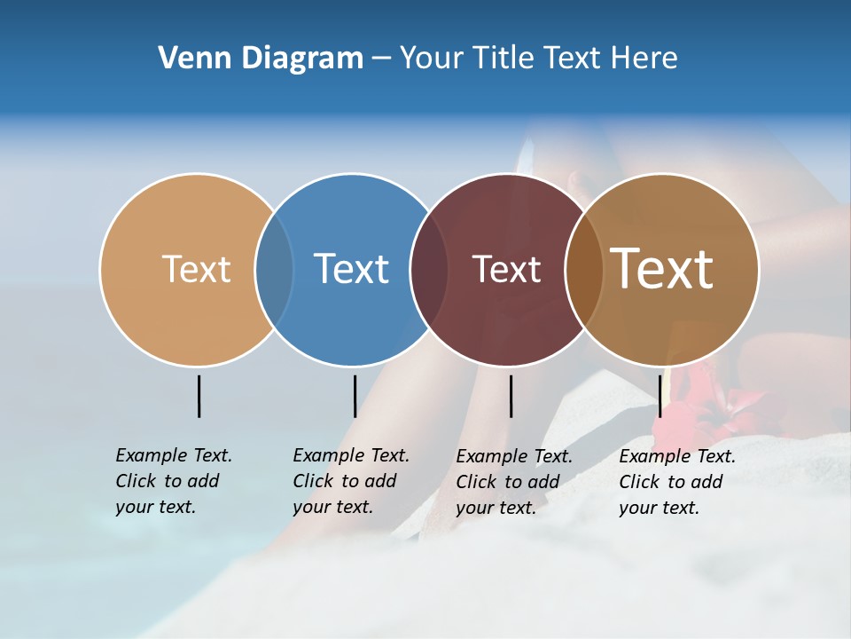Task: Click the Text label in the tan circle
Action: tap(196, 269)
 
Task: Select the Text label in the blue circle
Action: tap(351, 269)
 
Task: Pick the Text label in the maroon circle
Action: tap(506, 269)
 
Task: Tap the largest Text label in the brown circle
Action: tap(661, 269)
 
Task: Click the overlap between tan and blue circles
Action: tap(274, 269)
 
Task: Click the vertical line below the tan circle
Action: tap(199, 396)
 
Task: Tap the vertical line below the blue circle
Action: tap(355, 396)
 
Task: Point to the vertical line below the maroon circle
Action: tap(511, 396)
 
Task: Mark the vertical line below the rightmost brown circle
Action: tap(660, 396)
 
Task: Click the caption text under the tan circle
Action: tap(173, 481)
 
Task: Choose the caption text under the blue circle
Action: tap(350, 481)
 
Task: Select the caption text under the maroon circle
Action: tap(513, 482)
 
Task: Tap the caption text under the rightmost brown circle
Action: tap(676, 482)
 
